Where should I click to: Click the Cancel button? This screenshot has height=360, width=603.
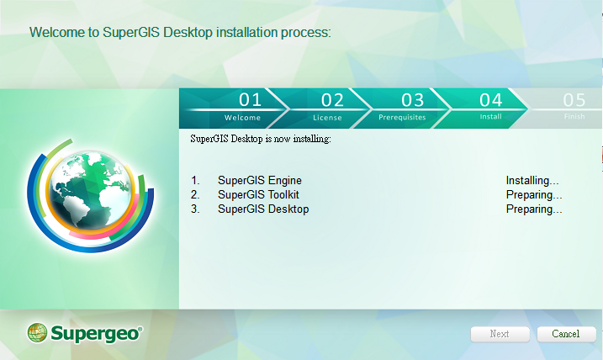click(x=567, y=334)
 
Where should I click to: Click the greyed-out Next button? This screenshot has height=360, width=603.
click(x=500, y=334)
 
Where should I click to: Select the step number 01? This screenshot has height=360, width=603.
click(x=250, y=100)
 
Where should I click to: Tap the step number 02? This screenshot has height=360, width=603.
click(x=332, y=100)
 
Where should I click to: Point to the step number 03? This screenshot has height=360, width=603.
click(x=413, y=100)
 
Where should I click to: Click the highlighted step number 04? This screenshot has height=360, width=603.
click(x=490, y=100)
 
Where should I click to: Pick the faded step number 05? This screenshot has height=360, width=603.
click(x=574, y=100)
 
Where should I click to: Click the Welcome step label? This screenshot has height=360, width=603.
click(x=242, y=118)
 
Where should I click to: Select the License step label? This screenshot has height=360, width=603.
click(x=327, y=118)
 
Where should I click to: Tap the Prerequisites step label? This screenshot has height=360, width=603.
click(x=402, y=117)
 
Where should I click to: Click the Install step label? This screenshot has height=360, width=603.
click(x=490, y=117)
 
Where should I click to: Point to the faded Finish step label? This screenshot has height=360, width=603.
click(x=574, y=117)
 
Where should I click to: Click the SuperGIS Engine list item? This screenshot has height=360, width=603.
click(x=260, y=180)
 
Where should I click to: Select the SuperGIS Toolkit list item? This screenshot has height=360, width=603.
click(x=258, y=194)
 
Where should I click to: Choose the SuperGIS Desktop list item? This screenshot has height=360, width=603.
click(x=263, y=209)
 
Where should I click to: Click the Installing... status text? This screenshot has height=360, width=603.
click(x=532, y=180)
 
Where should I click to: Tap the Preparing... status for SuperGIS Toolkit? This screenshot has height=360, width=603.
click(x=534, y=195)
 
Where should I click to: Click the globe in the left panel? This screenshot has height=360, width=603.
click(x=90, y=190)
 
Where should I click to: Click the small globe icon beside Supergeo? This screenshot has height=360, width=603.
click(x=37, y=333)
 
